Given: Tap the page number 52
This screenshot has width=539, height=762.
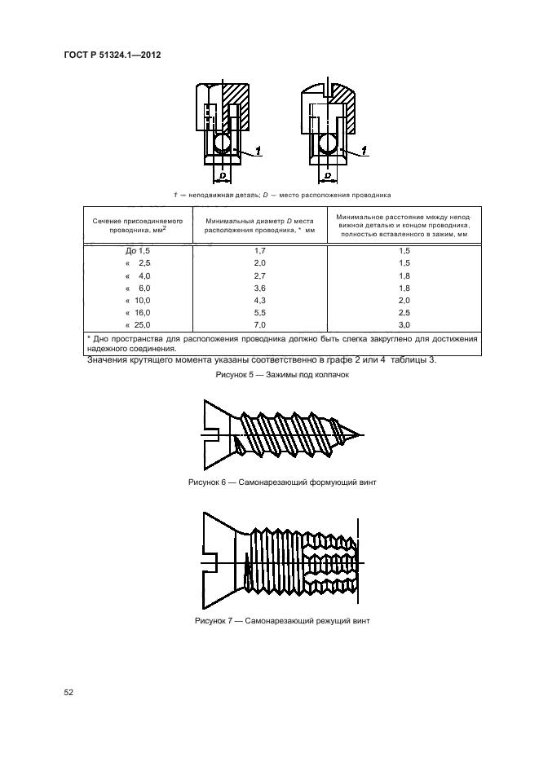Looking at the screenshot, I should [x=69, y=693].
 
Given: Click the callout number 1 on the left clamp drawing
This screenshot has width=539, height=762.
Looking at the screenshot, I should [x=258, y=149].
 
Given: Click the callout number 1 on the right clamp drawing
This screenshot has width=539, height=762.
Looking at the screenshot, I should [x=364, y=149].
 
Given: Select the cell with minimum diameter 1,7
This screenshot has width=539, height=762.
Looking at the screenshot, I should [x=260, y=252].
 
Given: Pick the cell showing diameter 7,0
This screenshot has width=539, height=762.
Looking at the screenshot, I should [x=260, y=324].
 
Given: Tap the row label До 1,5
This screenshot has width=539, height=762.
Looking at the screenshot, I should [x=133, y=252].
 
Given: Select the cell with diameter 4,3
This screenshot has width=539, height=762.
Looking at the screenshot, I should [x=260, y=300].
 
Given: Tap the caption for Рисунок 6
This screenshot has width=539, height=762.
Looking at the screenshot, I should [x=282, y=482].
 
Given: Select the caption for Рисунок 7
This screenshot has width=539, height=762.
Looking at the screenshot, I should [x=282, y=621].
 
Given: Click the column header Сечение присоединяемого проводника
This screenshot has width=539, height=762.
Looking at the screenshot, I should [x=137, y=226].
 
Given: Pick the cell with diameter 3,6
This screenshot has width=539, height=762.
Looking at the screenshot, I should [x=260, y=289].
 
